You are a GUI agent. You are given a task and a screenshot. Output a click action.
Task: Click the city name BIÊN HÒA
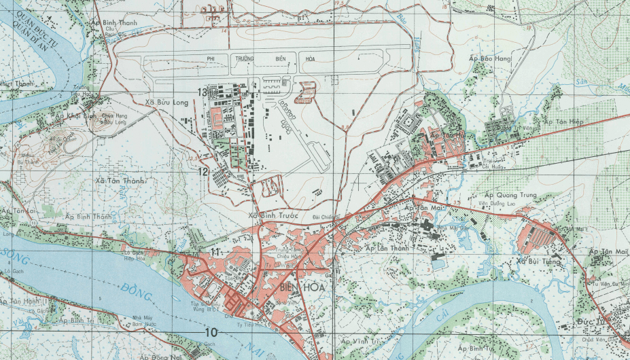301,288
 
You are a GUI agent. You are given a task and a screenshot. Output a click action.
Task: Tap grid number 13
202,92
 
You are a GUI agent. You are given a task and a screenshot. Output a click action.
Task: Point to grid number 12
203,172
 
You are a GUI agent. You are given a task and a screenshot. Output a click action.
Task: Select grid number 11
215,253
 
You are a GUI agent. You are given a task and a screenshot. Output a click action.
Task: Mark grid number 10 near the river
211,332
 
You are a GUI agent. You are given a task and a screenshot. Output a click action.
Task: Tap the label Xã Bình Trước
274,217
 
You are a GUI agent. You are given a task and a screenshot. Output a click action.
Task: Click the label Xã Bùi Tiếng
538,262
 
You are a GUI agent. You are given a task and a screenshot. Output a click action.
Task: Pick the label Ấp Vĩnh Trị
361,341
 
